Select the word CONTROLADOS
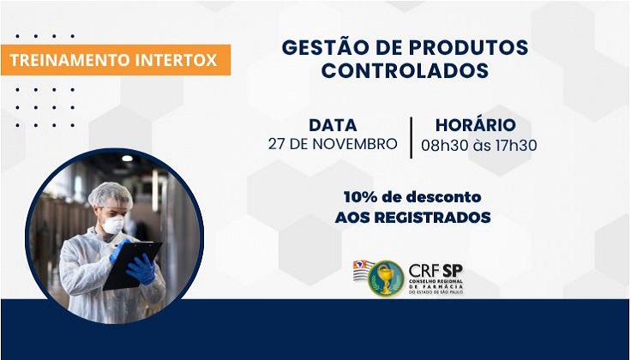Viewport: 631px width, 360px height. [x=405, y=71]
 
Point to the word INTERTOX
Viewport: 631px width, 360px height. [x=177, y=60]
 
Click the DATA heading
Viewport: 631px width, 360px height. [x=333, y=125]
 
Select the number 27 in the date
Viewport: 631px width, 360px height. [x=277, y=144]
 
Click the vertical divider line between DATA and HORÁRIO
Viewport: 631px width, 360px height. [x=411, y=137]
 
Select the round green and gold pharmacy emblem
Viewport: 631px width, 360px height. [x=386, y=279]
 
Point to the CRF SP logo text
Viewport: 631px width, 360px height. [x=436, y=271]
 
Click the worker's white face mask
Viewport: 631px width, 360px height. [x=112, y=225]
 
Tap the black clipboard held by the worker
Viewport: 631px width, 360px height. [x=133, y=265]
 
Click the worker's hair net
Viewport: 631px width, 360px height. [x=110, y=195]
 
